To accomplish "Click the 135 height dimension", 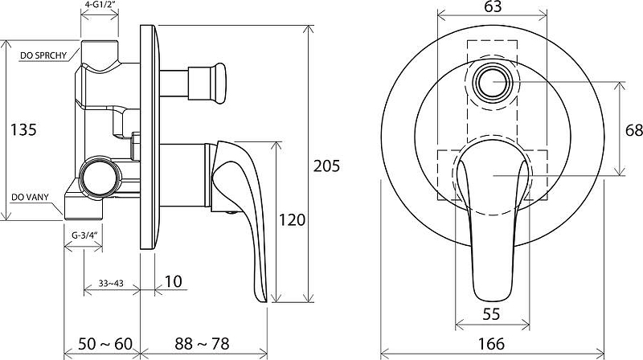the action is click(x=23, y=129).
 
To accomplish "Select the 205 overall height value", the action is click(x=327, y=166).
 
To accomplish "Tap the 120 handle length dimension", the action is click(x=293, y=219).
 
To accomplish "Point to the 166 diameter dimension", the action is click(x=491, y=343).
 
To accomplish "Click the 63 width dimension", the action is click(x=493, y=7).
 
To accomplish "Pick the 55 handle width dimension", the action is click(x=491, y=314).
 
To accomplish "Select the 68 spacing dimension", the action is click(x=634, y=130).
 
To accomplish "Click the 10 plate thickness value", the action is click(x=174, y=281).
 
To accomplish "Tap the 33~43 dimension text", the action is click(x=111, y=283).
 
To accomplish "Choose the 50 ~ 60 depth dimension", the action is click(x=105, y=344).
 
